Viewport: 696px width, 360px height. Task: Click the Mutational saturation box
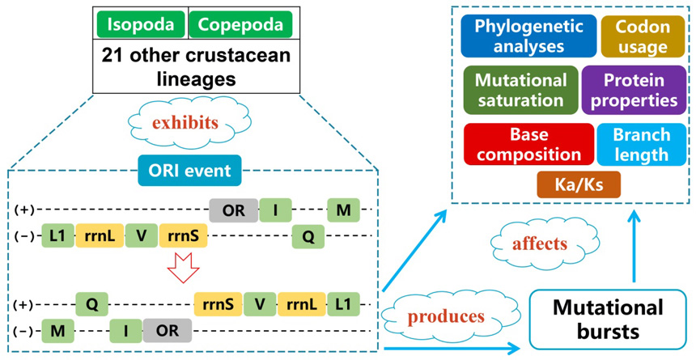point(520,90)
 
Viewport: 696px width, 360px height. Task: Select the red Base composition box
point(528,143)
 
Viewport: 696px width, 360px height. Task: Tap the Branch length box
point(641,143)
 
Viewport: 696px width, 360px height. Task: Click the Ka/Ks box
point(578,185)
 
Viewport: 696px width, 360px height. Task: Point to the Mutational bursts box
point(609,317)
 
